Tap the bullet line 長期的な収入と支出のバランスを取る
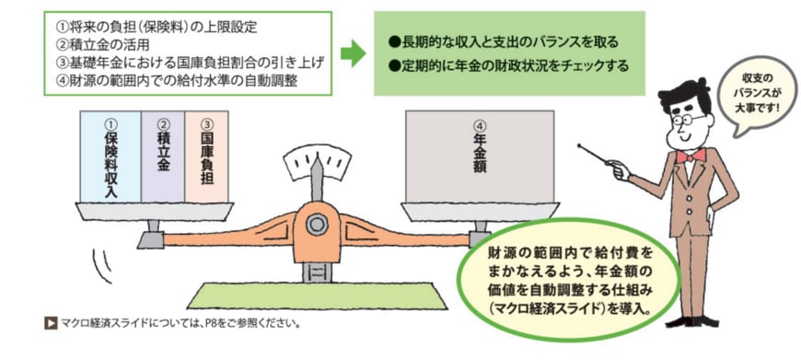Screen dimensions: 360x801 click(503, 43)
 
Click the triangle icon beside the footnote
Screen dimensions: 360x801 click(51, 323)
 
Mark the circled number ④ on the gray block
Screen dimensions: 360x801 click(479, 125)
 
